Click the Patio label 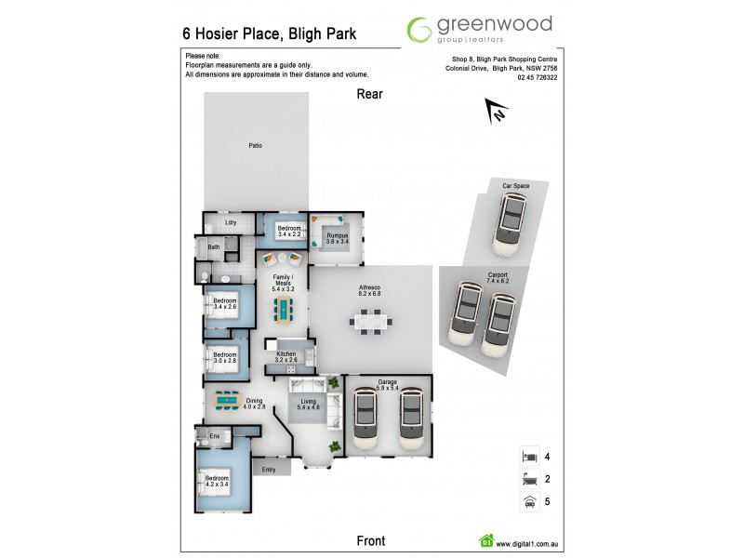click(x=255, y=146)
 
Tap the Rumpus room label click(x=337, y=238)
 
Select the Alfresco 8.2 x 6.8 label click(x=370, y=291)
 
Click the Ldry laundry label click(x=232, y=222)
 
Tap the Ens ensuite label click(x=213, y=435)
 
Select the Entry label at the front click(x=269, y=470)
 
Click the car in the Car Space click(x=509, y=224)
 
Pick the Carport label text click(x=498, y=276)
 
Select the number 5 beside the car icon click(x=548, y=502)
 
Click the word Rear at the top click(x=369, y=94)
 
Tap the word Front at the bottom click(x=370, y=540)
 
